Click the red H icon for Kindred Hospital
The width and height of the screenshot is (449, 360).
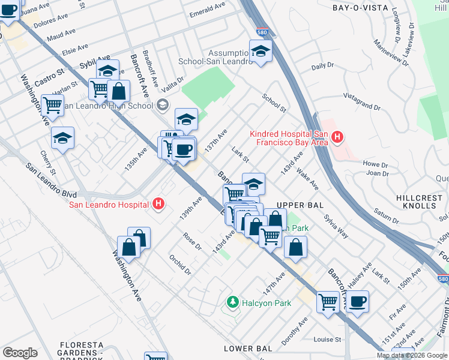coord(337,137)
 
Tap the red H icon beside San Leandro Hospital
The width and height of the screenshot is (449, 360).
coord(158,205)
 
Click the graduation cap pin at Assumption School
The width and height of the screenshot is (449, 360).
coord(261,52)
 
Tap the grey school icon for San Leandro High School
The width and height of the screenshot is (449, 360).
coord(162,106)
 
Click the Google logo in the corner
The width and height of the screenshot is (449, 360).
coord(20,353)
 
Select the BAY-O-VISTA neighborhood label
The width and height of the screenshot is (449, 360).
coord(358,8)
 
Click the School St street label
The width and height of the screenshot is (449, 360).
coord(274,103)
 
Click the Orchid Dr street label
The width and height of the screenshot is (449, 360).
coord(179,263)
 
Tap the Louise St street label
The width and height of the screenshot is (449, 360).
coord(327,339)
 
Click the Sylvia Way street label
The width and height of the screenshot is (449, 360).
coord(336,227)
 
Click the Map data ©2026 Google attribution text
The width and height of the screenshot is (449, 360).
coord(412,355)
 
